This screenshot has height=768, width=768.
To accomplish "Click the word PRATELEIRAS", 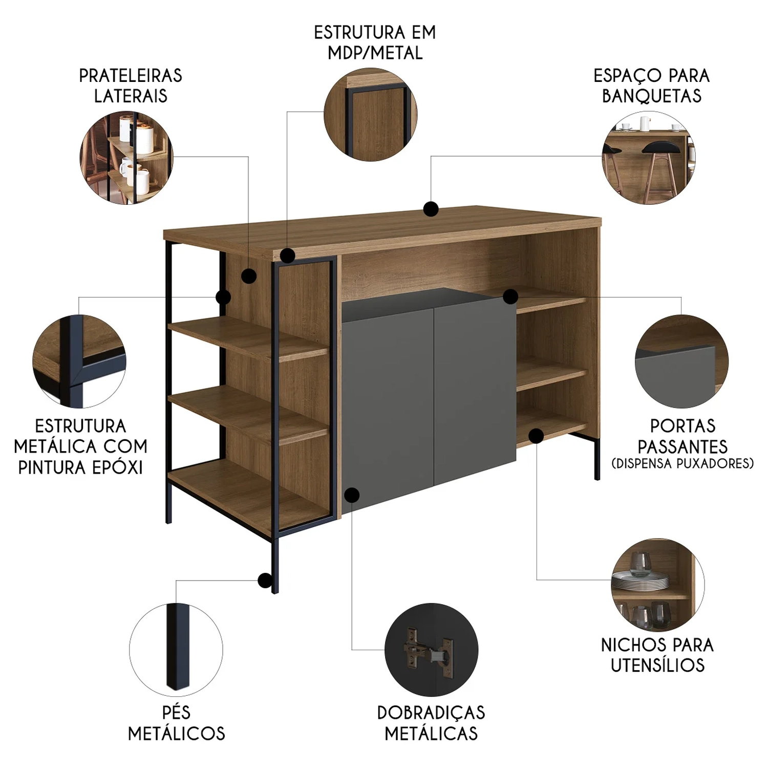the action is [131, 76].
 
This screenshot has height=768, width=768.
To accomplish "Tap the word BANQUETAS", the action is [652, 96].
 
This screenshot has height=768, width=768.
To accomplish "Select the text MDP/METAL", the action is [375, 53].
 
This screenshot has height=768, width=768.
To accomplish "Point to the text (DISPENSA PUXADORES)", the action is [682, 463].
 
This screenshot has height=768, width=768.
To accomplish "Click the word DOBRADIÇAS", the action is [431, 712].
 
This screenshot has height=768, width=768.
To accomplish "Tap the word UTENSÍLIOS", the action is [658, 665].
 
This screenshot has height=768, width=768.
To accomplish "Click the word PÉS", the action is [176, 712].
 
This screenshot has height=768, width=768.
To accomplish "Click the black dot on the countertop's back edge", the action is [431, 209].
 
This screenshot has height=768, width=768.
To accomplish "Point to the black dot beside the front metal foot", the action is [265, 580].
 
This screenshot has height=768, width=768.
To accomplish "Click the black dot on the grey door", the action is [352, 495].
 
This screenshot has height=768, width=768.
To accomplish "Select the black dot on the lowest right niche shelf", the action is [536, 436].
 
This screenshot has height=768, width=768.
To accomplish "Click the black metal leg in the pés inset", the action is [177, 646].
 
